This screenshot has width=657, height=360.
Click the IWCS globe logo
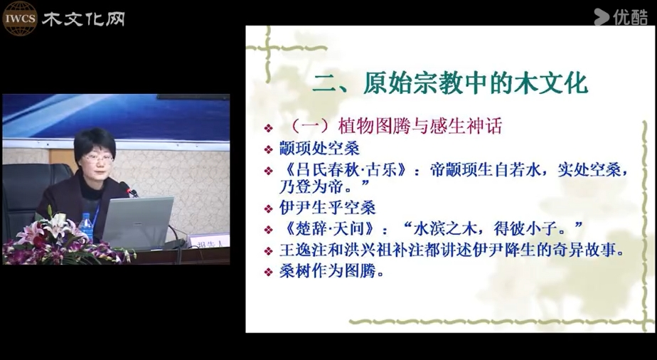tap(20, 18)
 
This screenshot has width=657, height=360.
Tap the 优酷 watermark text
tap(630, 17)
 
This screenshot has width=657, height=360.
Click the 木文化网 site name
tap(83, 19)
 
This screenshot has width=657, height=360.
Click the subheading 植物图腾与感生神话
tap(420, 126)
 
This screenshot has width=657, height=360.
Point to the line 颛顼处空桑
tap(319, 149)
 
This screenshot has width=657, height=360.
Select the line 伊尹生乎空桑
tap(327, 208)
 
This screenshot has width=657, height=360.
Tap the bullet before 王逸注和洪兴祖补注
tap(269, 251)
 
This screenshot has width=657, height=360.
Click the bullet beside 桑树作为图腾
tap(269, 272)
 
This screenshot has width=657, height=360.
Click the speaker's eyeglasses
tap(97, 159)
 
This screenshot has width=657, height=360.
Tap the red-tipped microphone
tap(129, 189)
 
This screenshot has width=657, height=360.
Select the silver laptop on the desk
tap(138, 222)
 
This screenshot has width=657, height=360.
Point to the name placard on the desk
tap(208, 241)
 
